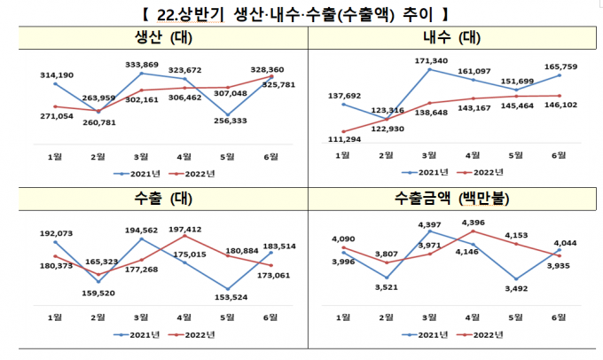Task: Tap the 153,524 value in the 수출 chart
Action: coord(230,295)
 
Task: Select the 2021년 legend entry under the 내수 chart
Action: coord(422,172)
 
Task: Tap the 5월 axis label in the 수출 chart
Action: coord(229,317)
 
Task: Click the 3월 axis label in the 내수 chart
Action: coord(429,155)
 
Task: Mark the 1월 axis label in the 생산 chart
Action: coord(55,155)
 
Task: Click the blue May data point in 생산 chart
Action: coord(229,116)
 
